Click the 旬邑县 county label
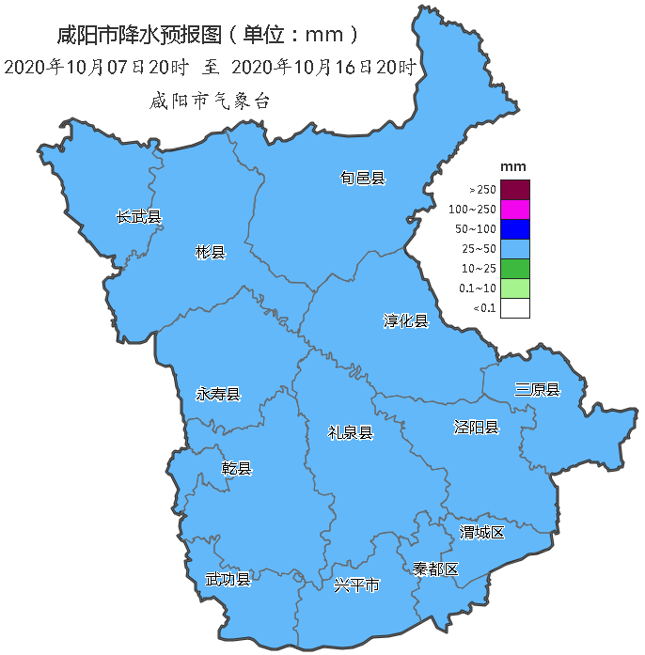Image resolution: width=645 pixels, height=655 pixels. tap(363, 178)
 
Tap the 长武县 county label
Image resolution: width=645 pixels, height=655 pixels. tap(138, 217)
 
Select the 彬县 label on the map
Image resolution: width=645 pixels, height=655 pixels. tap(210, 252)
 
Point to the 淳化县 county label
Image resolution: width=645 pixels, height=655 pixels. tap(405, 321)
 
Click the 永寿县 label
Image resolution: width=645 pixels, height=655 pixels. tap(218, 394)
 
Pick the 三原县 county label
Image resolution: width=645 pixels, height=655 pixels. tap(537, 390)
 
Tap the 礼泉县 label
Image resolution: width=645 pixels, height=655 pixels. tap(351, 432)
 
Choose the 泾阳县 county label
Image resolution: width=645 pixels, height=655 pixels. tap(477, 428)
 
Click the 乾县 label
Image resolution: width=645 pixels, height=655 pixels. tap(236, 468)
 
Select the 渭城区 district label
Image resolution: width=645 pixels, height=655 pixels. tap(482, 533)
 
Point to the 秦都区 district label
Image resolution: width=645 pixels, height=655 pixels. tap(435, 569)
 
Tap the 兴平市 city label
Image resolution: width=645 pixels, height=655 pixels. tap(357, 585)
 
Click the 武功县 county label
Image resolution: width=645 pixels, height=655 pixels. tap(228, 579)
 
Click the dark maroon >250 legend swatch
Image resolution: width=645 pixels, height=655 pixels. tap(515, 189)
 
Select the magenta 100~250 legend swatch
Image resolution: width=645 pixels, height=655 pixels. tap(515, 209)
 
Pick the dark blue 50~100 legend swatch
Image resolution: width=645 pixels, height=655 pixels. tap(515, 228)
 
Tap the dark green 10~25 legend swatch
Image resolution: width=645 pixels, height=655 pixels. tap(515, 268)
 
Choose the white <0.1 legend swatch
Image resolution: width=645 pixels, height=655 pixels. tap(515, 307)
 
